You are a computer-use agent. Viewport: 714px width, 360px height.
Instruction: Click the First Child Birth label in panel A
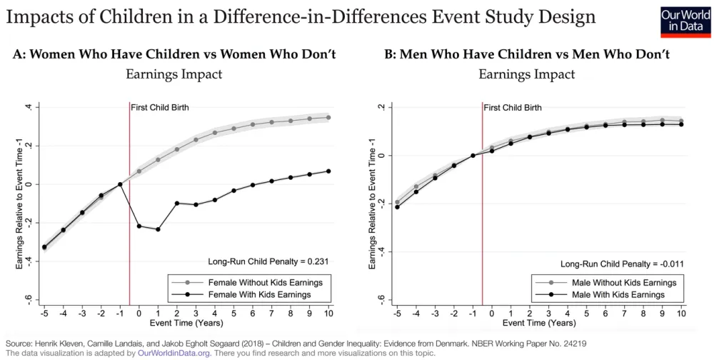158,107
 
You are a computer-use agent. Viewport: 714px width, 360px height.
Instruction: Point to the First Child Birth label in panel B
512,107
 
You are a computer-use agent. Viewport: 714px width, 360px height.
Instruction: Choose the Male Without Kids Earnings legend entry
618,282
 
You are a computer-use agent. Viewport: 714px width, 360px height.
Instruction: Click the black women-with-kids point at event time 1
158,229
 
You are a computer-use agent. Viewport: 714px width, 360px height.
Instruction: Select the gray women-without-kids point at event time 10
328,117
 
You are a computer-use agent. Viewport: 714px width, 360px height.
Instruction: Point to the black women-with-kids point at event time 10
328,171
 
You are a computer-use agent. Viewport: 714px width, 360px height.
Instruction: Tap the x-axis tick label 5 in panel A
233,312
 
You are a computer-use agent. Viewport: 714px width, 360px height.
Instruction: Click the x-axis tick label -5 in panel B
397,312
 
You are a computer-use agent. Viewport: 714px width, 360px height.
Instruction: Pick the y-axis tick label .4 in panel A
27,107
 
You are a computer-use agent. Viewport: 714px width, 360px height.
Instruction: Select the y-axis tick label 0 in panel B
381,155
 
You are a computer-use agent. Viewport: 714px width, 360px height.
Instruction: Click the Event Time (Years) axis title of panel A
186,324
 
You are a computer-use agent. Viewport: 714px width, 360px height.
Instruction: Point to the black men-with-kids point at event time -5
398,207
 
